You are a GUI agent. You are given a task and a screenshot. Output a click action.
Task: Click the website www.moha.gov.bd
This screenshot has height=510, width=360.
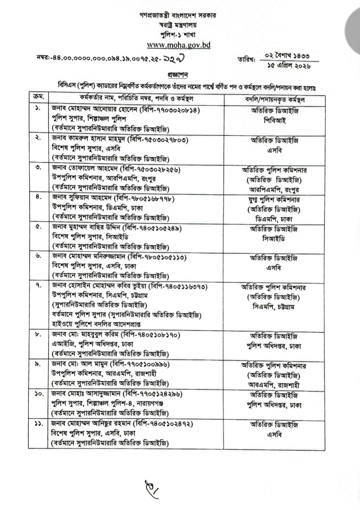point(179,45)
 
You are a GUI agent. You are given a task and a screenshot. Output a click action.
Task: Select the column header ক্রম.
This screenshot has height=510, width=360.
point(37,98)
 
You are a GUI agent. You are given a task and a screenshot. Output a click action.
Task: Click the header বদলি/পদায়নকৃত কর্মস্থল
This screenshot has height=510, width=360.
point(274,100)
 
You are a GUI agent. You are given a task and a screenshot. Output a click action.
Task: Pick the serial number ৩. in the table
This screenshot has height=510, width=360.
point(38,168)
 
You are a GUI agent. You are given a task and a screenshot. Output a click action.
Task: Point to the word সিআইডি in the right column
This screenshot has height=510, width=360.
point(274,239)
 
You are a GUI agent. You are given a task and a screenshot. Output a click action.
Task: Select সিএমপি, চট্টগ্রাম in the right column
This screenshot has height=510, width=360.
point(274,307)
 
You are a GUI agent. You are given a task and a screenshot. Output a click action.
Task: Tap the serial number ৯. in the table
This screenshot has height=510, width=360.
point(38,364)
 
